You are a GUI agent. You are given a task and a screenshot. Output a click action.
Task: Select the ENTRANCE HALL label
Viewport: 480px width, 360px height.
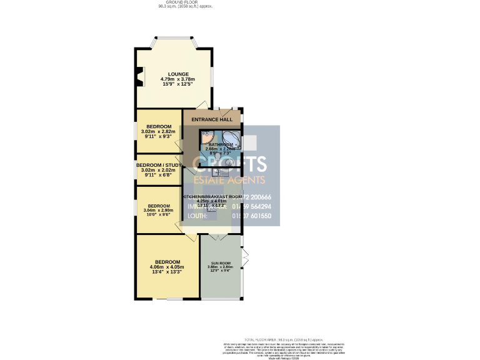(x=211, y=119)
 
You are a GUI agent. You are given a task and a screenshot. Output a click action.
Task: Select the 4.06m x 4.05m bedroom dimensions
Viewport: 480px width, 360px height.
(x=167, y=267)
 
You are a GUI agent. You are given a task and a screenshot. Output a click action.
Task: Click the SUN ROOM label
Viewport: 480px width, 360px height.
(x=221, y=263)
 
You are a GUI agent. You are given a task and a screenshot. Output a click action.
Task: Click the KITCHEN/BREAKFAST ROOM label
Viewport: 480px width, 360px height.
(x=211, y=196)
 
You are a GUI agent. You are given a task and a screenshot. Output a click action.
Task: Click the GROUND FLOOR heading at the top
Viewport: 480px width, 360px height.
(x=186, y=2)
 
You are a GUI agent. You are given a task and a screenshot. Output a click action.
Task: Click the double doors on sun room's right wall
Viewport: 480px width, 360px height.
(x=246, y=256)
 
